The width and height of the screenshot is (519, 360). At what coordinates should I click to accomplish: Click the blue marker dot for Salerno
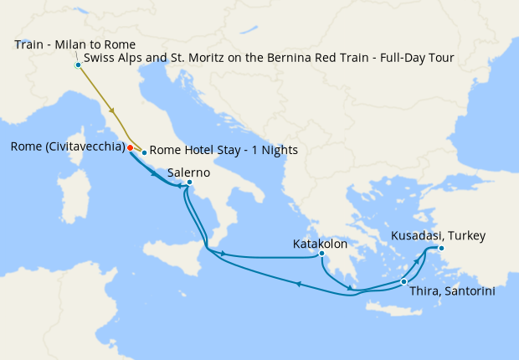click(x=189, y=182)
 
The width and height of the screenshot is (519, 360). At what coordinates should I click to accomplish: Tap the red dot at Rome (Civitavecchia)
click(x=130, y=147)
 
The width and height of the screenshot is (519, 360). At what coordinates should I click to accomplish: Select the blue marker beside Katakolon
click(x=321, y=253)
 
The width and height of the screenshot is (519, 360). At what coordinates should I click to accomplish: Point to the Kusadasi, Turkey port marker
click(x=441, y=248)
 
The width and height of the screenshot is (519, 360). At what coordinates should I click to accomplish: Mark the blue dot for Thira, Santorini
click(x=403, y=281)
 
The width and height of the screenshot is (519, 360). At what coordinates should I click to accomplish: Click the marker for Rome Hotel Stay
click(x=144, y=152)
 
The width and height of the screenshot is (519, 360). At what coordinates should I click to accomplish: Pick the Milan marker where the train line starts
click(x=78, y=64)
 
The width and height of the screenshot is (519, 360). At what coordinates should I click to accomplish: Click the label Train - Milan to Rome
click(x=75, y=44)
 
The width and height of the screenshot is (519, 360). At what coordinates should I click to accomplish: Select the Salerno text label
click(x=188, y=172)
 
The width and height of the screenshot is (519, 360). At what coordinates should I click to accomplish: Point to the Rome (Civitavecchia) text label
click(x=67, y=147)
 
